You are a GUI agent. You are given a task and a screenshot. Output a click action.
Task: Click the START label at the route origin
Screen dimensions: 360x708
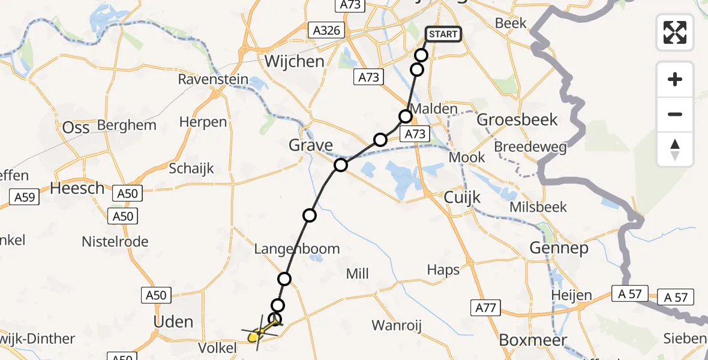pos(443,34)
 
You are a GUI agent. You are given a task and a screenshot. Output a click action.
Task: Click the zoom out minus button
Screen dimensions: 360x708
pos(675,114)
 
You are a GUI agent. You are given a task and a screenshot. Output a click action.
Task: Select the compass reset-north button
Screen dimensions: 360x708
pos(675,149)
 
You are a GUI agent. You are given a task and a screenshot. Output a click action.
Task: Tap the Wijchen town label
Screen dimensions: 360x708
pos(294,61)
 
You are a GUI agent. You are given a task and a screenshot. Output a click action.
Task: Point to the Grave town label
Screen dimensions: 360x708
pos(311,145)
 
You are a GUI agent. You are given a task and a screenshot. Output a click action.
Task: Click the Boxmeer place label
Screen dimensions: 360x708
pos(533,340)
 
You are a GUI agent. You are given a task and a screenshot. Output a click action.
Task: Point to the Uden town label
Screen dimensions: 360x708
pos(173,322)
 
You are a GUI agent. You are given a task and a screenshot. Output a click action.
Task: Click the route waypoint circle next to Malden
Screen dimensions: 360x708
pos(406,116)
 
